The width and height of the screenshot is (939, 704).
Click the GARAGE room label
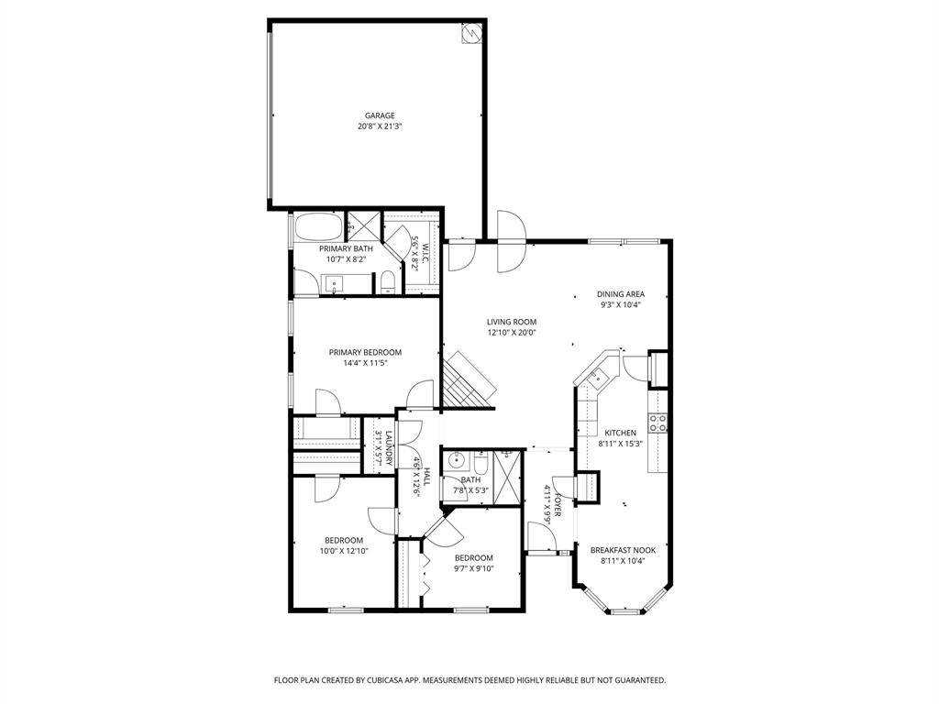coord(380,115)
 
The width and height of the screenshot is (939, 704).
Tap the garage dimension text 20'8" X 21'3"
coord(380,126)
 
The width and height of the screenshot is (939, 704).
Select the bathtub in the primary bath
coord(317,227)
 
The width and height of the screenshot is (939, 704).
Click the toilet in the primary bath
coord(388,282)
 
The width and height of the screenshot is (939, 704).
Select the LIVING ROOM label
coord(512,322)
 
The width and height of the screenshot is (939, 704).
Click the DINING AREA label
coord(621,294)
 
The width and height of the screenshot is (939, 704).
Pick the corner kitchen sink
coord(597,377)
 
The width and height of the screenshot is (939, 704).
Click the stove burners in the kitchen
coord(657,423)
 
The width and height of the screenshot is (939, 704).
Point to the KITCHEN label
coord(620,433)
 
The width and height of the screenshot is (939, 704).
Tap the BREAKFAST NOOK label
coord(623,550)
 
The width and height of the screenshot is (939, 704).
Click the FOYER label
coord(557,505)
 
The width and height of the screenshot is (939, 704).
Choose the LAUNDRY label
coord(389,448)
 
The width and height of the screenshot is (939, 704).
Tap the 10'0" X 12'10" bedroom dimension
coord(344,551)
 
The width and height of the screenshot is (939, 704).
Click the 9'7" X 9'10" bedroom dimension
coord(473,568)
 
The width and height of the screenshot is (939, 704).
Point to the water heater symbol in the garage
coord(470,34)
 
